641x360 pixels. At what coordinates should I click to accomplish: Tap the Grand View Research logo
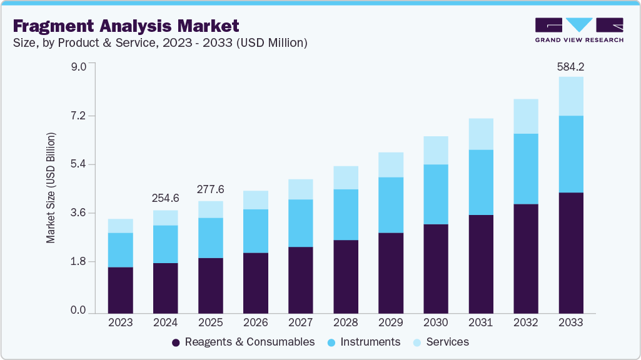[x=578, y=30]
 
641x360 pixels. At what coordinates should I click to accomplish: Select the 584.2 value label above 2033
[x=570, y=66]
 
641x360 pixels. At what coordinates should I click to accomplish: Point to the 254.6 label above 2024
[x=165, y=198]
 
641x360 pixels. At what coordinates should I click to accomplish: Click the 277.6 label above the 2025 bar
[x=210, y=189]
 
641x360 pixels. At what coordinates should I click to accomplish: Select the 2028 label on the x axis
[x=345, y=323]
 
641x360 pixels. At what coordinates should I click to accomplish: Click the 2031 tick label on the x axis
[x=480, y=323]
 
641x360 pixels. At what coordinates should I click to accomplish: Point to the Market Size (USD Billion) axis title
[x=51, y=188]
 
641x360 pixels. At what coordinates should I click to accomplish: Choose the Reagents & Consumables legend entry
[x=243, y=342]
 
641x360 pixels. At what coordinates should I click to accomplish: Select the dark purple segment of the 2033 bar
[x=570, y=252]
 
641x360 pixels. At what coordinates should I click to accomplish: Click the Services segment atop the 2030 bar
[x=435, y=150]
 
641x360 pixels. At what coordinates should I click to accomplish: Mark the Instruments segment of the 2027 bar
[x=300, y=223]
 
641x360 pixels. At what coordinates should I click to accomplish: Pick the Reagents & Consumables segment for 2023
[x=120, y=290]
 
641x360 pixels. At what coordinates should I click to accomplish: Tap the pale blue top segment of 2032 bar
[x=525, y=116]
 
